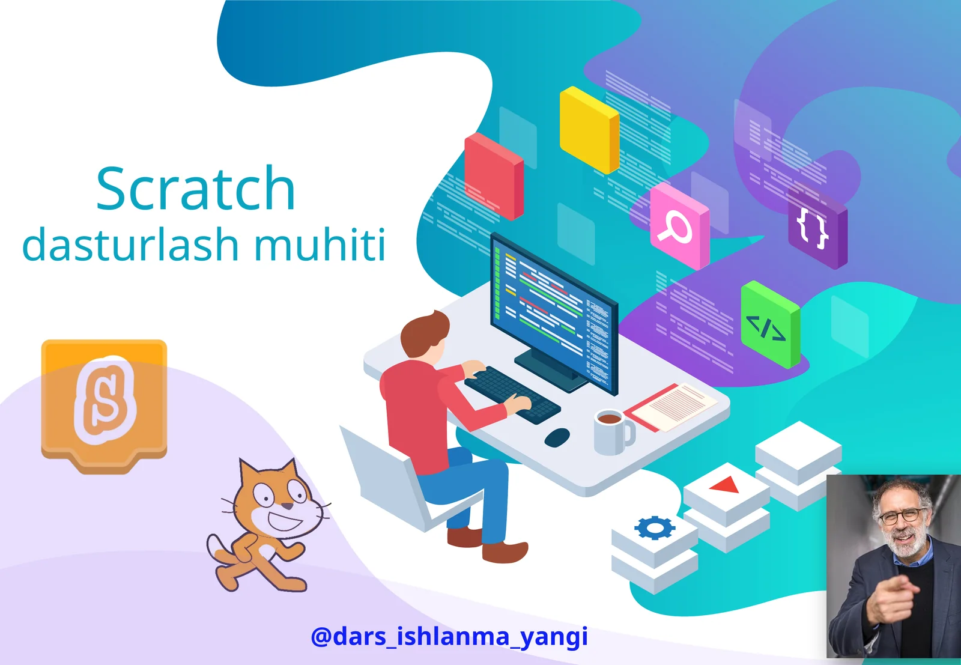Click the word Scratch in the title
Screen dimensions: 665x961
click(x=196, y=189)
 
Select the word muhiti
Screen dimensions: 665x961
click(x=320, y=245)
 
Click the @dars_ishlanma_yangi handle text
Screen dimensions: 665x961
click(x=449, y=636)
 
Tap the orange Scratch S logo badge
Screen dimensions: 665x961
click(x=104, y=402)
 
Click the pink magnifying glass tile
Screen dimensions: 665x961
click(x=679, y=226)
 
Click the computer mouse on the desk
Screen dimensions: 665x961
click(x=557, y=437)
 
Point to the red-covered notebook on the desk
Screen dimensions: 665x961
click(x=670, y=408)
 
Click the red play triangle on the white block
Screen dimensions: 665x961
click(x=727, y=484)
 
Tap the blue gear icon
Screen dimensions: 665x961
click(x=654, y=527)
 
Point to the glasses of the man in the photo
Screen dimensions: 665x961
click(x=903, y=515)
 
